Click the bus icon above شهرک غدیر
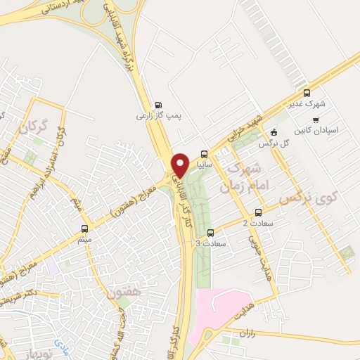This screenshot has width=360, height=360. pos(306,93)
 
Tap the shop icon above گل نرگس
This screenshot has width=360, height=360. pos(274,132)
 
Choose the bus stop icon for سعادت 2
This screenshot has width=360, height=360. pos(258,212)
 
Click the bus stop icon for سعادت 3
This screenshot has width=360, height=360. pos(211,232)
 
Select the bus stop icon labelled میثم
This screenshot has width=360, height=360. pos(85,228)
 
